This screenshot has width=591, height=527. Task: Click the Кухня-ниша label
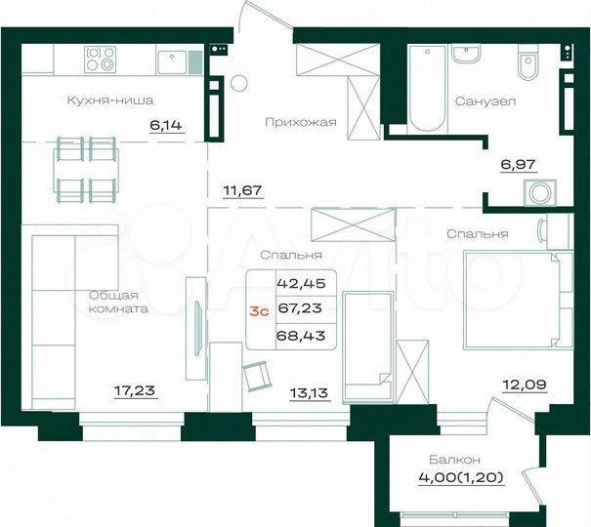click(x=110, y=100)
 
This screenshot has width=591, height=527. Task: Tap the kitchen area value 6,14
click(x=165, y=124)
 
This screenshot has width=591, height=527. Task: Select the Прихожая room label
click(x=301, y=122)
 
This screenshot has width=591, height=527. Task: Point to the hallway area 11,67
click(x=244, y=191)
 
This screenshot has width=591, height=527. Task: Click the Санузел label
click(x=485, y=101)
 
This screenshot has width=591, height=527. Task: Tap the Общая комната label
click(x=117, y=302)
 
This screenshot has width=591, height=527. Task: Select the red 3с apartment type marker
click(x=259, y=311)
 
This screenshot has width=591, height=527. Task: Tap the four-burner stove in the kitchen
click(x=101, y=60)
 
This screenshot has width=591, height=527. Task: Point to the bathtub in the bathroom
click(x=426, y=89)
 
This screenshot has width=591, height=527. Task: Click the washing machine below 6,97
click(x=536, y=192)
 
